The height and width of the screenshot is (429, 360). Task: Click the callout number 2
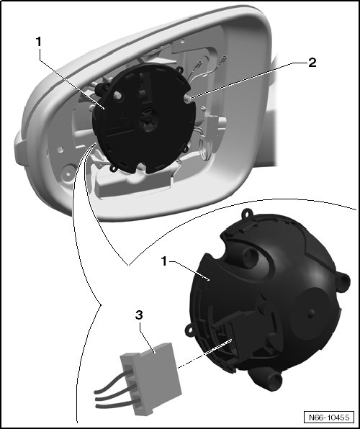[x=312, y=63]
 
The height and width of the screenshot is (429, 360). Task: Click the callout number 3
[x=139, y=315]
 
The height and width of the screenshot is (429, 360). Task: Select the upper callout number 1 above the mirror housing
[x=39, y=42]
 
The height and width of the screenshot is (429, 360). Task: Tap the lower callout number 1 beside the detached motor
[x=164, y=261]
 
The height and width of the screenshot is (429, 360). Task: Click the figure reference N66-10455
[x=329, y=417]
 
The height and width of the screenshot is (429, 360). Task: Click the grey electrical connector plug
[x=151, y=379]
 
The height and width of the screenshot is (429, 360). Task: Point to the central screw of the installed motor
[x=148, y=119]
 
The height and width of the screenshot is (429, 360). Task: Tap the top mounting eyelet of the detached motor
[x=247, y=213]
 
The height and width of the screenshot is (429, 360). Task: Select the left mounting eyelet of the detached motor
[x=189, y=330]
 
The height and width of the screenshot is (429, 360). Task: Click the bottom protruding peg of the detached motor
[x=273, y=380]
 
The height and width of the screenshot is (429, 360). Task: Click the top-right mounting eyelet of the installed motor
[x=180, y=71]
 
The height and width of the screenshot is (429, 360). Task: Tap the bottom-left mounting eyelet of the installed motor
[x=113, y=168]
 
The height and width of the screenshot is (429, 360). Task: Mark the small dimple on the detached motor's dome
[x=310, y=314]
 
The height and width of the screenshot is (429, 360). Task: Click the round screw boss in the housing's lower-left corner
[x=68, y=172]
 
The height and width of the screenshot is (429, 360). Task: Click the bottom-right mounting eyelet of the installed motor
[x=185, y=150]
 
